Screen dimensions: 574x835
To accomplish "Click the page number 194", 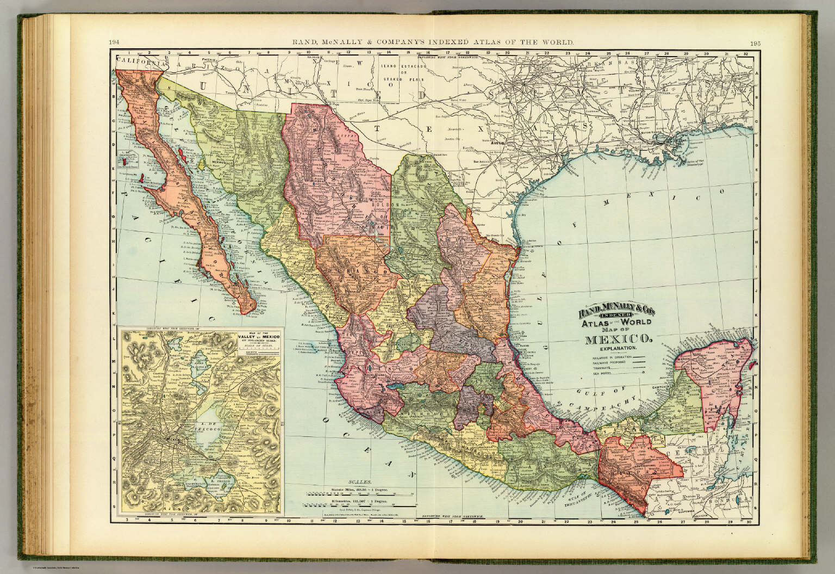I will pos(114,42).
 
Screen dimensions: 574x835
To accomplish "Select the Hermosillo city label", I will pos(219,163).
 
